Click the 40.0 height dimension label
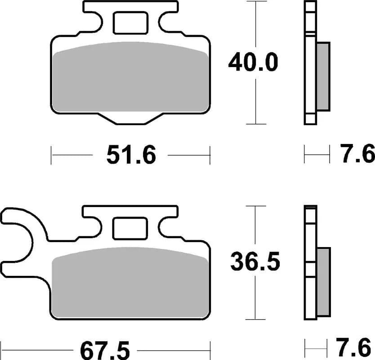tap(253, 63)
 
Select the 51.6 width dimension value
tap(131, 156)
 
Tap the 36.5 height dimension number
tap(255, 262)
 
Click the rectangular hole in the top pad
tap(130, 23)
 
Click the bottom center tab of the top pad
tap(131, 117)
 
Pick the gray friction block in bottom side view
tap(323, 281)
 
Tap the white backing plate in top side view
tap(310, 63)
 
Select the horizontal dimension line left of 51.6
tap(72, 156)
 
